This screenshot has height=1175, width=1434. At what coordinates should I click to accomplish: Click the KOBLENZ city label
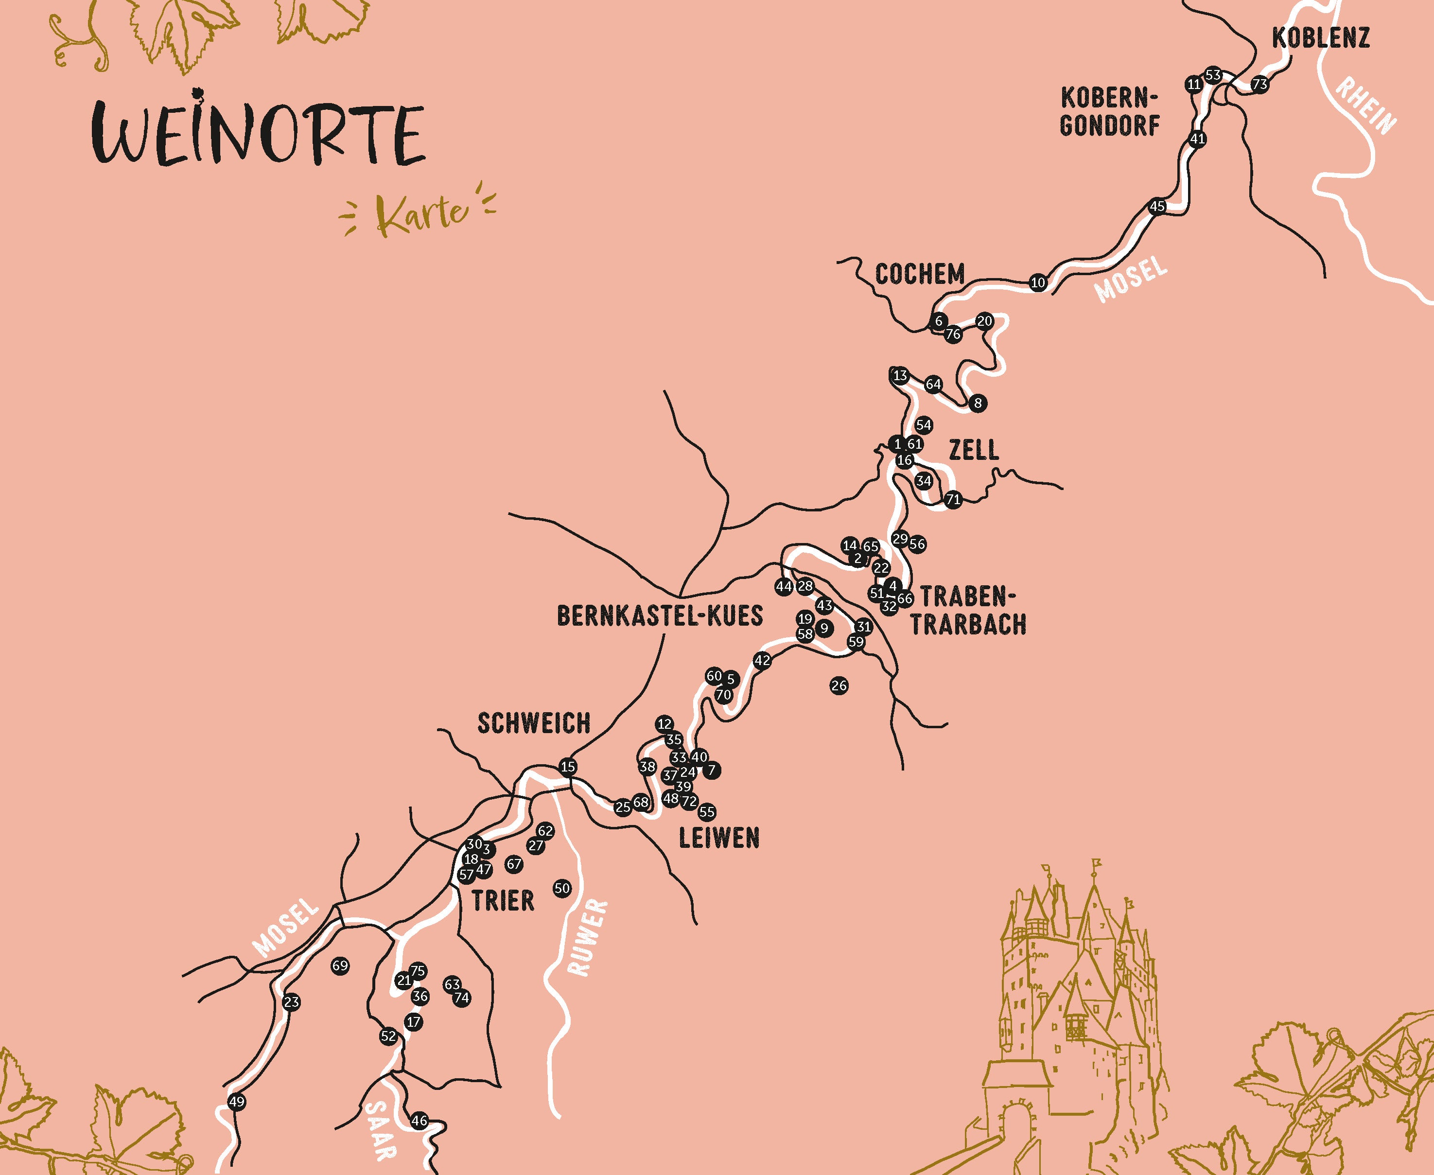click(1320, 38)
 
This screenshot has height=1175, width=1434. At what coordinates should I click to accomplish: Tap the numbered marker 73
click(1259, 85)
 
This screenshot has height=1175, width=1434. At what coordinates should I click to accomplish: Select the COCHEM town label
click(920, 274)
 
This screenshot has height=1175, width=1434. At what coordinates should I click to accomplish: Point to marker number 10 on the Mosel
click(1038, 283)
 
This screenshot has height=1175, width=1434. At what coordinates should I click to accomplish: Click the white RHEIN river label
click(1365, 106)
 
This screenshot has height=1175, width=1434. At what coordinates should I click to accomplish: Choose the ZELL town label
click(973, 450)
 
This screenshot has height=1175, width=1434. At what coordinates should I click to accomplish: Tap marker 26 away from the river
click(839, 685)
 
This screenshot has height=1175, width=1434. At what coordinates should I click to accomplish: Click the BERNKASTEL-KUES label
click(660, 616)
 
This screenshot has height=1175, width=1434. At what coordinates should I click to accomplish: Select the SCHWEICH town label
click(534, 723)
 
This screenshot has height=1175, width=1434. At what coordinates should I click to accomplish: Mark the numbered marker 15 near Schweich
click(568, 767)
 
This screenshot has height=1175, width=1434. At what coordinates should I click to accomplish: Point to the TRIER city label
click(503, 901)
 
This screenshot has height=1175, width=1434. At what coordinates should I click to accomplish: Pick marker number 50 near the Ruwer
click(561, 889)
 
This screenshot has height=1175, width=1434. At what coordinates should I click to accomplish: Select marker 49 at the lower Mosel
click(236, 1102)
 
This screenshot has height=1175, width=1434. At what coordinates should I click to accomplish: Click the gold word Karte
click(421, 216)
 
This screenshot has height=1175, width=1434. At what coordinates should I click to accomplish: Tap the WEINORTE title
click(259, 134)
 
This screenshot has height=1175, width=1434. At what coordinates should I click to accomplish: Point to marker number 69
click(340, 966)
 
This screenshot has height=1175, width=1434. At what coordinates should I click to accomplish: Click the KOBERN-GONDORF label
click(1110, 112)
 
